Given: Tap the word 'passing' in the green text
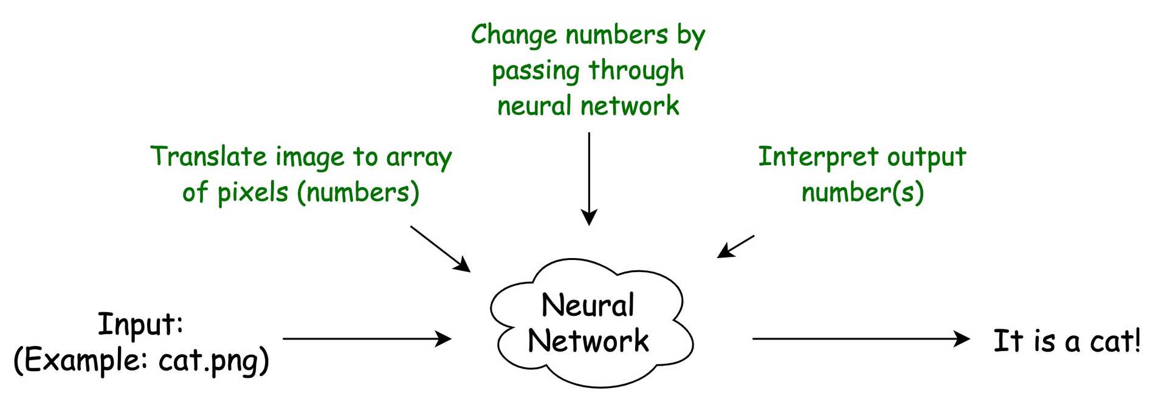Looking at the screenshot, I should [x=535, y=72].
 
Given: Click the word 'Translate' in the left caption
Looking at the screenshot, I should [x=208, y=157].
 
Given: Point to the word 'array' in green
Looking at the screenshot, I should [x=419, y=158].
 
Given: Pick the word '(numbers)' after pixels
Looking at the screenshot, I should [x=359, y=193].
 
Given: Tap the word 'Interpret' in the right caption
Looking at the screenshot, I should [x=818, y=157].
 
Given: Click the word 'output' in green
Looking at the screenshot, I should [x=926, y=157].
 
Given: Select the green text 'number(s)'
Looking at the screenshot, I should [x=862, y=193].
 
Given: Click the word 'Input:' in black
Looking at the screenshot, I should [x=140, y=324].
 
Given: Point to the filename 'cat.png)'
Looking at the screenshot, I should [x=213, y=361].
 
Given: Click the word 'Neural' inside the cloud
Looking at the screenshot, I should [x=588, y=306].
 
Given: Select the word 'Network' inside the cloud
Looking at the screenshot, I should [x=588, y=341].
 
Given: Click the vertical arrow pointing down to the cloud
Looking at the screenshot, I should [x=589, y=179].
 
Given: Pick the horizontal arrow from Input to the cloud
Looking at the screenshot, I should [x=367, y=339].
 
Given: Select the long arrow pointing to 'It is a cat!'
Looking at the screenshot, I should [x=861, y=339].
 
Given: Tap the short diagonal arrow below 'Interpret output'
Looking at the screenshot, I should [x=735, y=247].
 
